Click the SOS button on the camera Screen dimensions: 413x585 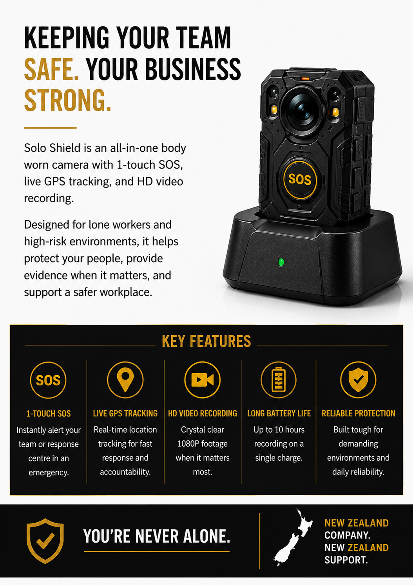tap(300, 180)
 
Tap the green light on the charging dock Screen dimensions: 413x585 tap(281, 262)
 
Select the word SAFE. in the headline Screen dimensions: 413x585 tap(51, 69)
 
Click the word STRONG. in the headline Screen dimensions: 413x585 tap(68, 100)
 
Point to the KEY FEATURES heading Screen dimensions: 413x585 tap(206, 341)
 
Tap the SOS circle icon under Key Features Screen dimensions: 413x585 tap(48, 380)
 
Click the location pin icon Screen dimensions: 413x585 tap(125, 380)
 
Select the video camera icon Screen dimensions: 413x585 tap(202, 380)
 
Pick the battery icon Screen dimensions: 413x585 tap(279, 380)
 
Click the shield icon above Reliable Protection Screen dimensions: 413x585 tap(358, 380)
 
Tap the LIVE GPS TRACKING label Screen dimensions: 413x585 tap(125, 413)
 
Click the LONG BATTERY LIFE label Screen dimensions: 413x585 tap(279, 413)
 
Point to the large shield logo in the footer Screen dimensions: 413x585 tap(45, 541)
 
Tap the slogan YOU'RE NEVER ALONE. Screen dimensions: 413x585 tap(157, 536)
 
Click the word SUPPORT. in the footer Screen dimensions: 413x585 tap(346, 560)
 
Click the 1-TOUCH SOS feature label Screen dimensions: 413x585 tap(49, 414)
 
